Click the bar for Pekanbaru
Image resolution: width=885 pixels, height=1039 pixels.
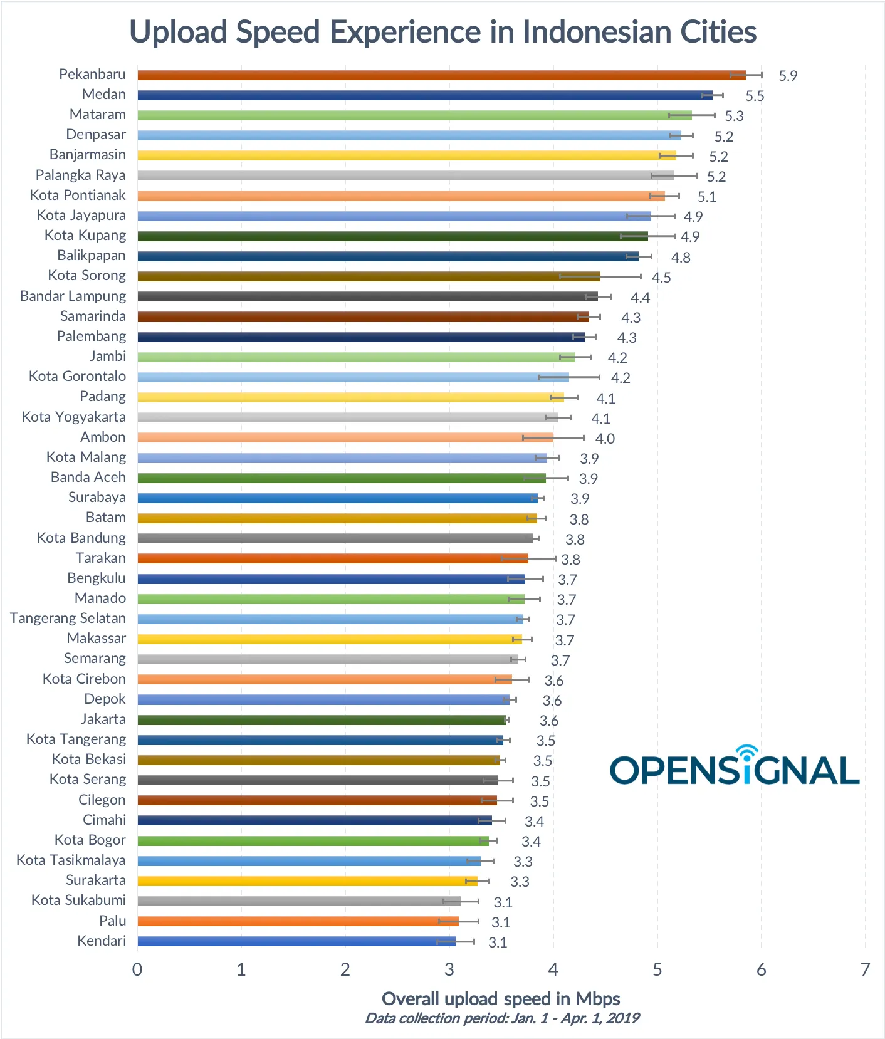(439, 75)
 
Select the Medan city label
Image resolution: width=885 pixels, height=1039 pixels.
(103, 95)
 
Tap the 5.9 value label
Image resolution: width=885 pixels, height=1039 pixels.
(787, 76)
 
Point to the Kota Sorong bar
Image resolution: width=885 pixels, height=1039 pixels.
(369, 276)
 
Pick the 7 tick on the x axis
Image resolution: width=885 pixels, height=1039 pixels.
(865, 969)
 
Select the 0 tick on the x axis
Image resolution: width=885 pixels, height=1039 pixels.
(137, 969)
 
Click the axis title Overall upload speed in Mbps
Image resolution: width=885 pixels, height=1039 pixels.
(501, 998)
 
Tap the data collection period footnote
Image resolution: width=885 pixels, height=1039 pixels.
(502, 1018)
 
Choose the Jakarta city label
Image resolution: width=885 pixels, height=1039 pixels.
(103, 719)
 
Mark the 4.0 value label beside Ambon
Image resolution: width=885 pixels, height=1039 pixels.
(605, 439)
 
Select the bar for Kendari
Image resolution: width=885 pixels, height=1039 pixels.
(296, 941)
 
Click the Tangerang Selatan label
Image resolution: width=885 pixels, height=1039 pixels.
(68, 619)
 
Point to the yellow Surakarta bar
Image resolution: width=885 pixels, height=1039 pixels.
(307, 881)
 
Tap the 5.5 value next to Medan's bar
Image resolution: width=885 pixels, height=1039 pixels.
(755, 96)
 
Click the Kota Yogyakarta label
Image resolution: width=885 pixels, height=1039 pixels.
(73, 417)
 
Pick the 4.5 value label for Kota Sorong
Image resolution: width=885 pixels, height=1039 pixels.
(661, 278)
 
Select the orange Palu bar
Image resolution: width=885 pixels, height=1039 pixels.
(298, 921)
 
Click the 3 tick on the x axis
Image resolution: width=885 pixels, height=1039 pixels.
(449, 969)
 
